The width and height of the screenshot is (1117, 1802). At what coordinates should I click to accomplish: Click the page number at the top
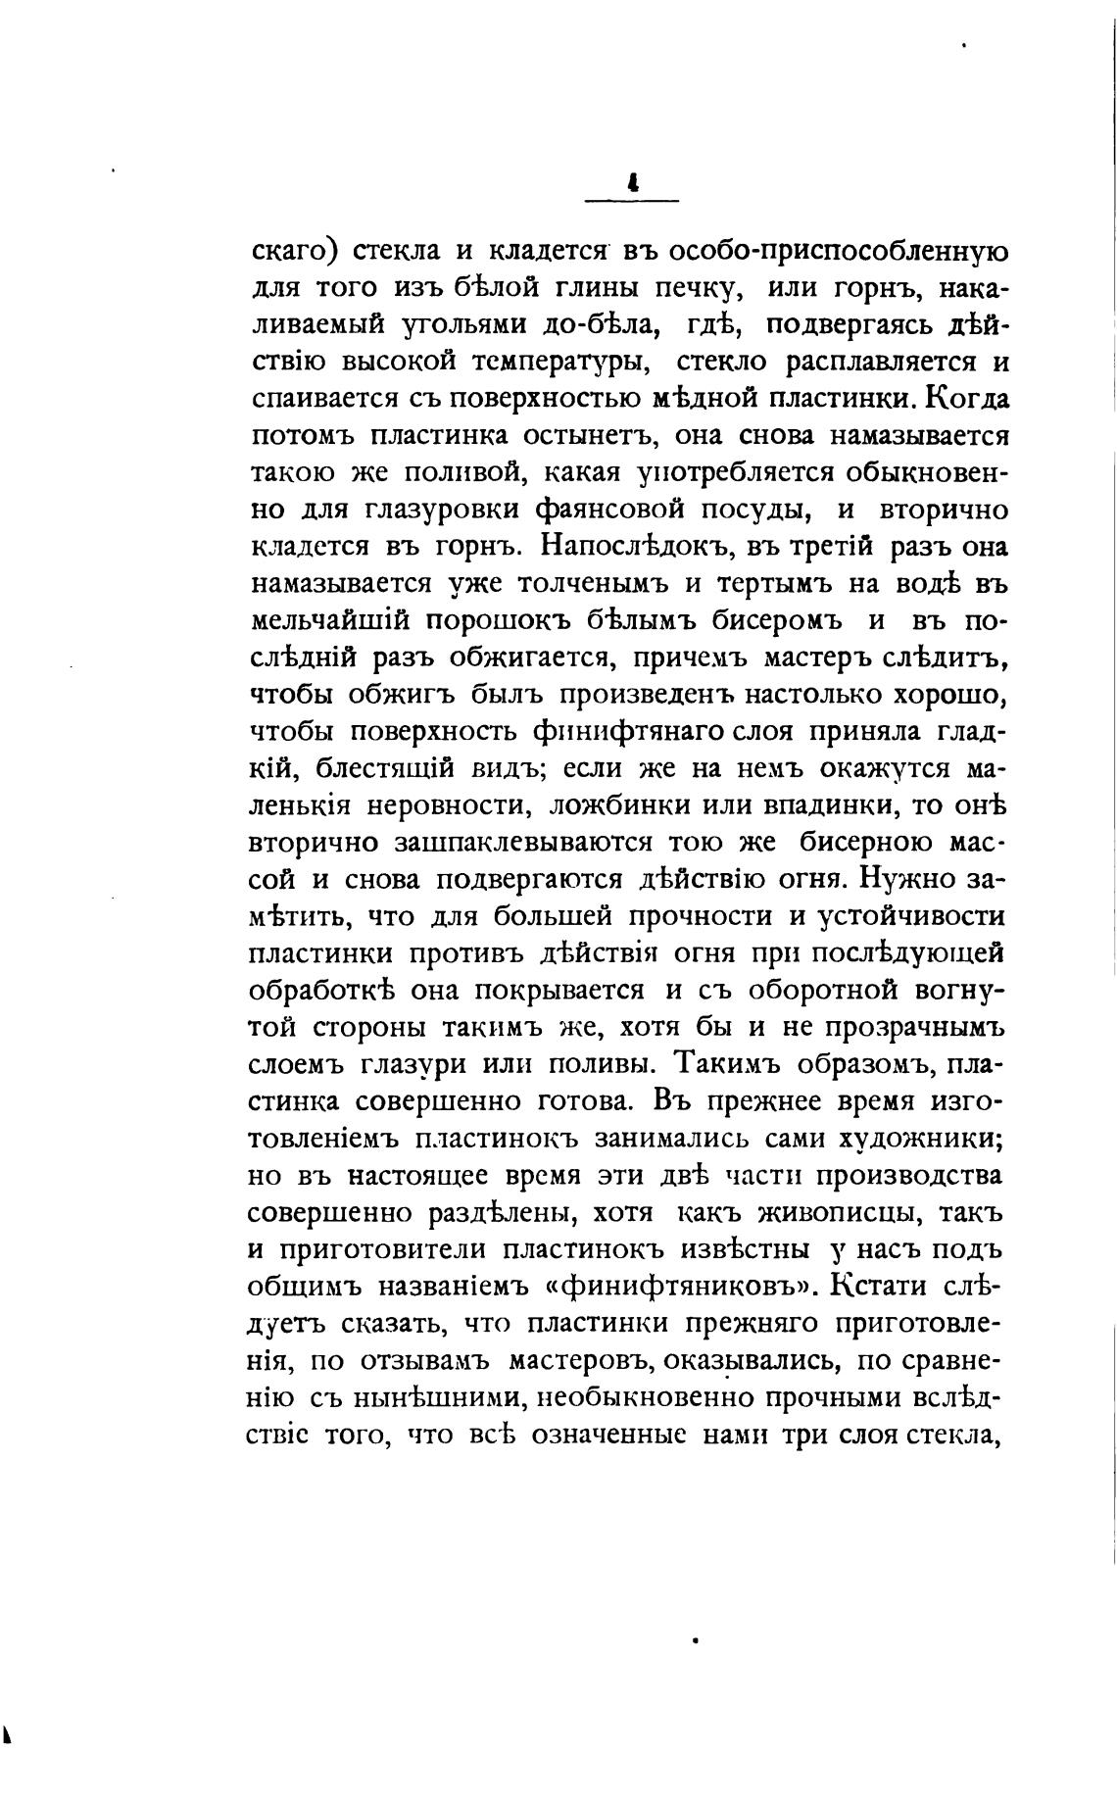(x=632, y=182)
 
